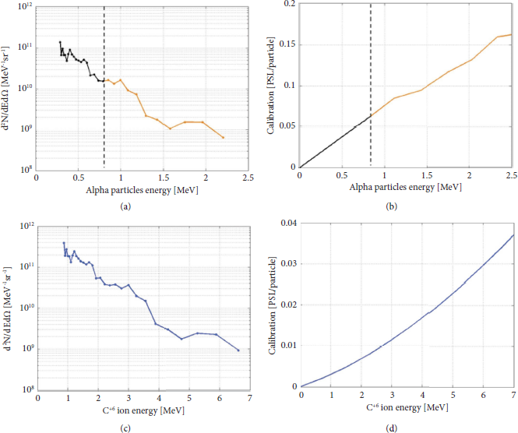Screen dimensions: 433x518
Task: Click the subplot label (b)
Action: pos(406,206)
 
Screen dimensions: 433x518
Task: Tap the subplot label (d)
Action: pos(407,424)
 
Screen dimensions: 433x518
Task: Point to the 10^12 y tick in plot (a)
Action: pos(24,6)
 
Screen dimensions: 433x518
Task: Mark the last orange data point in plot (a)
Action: pos(224,138)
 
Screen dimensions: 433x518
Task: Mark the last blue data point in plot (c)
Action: pos(238,350)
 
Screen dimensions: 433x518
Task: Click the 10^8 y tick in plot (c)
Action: pos(23,389)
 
